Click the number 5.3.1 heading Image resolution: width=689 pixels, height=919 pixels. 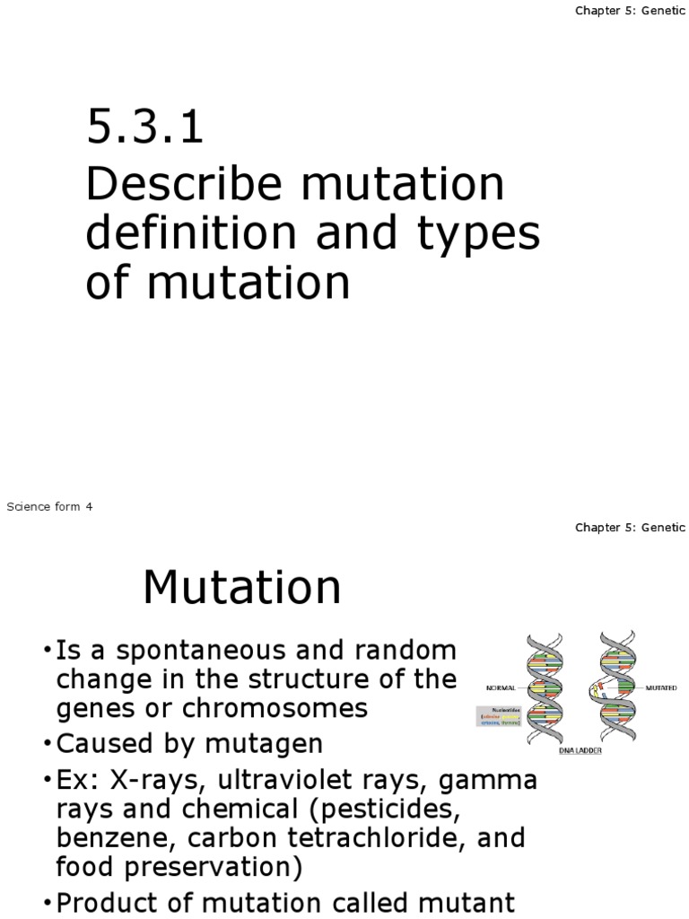tap(144, 127)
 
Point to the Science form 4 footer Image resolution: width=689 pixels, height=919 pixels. tap(49, 507)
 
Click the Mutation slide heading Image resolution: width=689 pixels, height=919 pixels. tap(242, 589)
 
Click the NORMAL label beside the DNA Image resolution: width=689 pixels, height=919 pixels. tap(501, 688)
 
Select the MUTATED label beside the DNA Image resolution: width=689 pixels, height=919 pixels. tap(661, 688)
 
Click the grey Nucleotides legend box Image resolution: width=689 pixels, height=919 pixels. tap(499, 716)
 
